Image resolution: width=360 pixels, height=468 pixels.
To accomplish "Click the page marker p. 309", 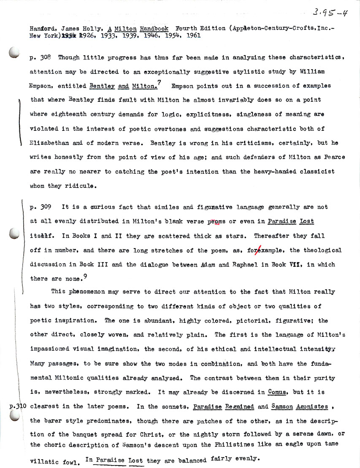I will point(41,207).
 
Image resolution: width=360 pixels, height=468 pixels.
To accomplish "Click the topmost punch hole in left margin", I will point(14,53).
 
